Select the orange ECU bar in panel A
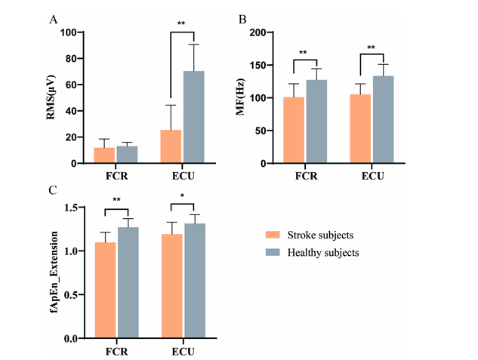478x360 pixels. click(171, 146)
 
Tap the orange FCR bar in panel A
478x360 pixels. click(104, 155)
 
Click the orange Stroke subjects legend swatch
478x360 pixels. click(273, 235)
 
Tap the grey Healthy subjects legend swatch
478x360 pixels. click(273, 252)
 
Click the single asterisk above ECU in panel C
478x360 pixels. click(182, 198)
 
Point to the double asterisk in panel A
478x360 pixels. click(182, 25)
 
